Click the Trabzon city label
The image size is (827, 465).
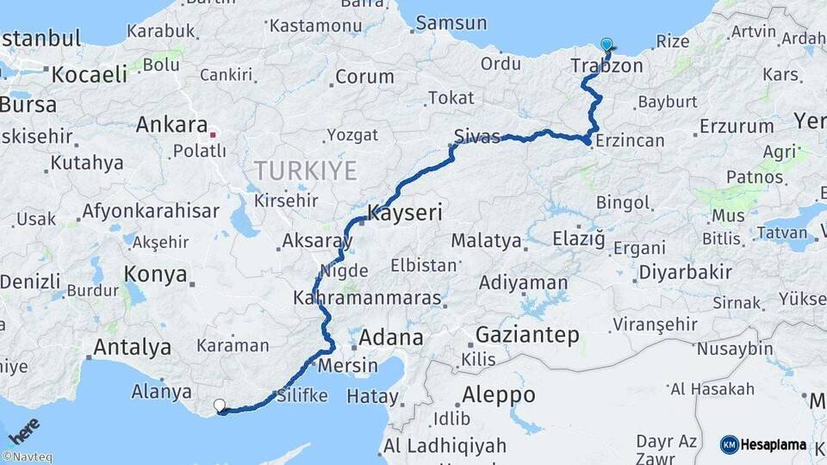coord(606,66)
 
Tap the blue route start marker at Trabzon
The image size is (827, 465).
coord(606,45)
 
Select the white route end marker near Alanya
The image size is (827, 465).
coord(219,405)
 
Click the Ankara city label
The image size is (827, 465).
coord(171,125)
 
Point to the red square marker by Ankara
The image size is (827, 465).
coord(213,134)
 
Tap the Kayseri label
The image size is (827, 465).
coord(405,212)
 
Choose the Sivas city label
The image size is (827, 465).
coord(477,137)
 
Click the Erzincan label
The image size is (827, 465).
coord(630,140)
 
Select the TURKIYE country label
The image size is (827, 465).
coord(305,170)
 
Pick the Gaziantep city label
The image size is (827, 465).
coord(527,335)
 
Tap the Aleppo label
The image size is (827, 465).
coord(499,395)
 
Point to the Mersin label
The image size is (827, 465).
coord(348,365)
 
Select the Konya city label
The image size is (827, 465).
coord(156,275)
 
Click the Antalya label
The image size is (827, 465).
coord(132,348)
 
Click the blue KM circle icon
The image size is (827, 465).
coord(730,444)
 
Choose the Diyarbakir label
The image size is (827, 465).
coord(686,273)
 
